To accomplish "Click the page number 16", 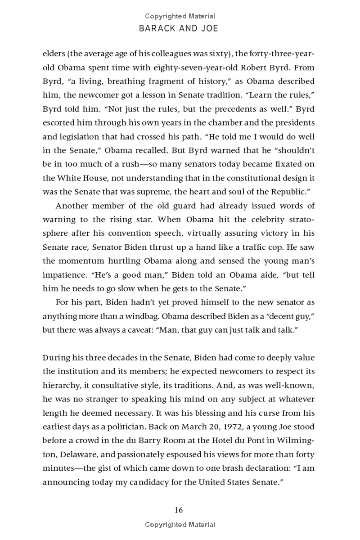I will (x=179, y=509).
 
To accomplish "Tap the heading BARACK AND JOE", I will (x=180, y=28).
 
